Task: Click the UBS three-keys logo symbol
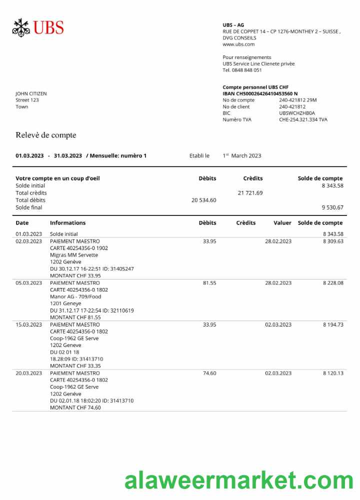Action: click(x=21, y=27)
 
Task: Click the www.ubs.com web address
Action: click(x=238, y=44)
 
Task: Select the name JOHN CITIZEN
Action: click(x=31, y=93)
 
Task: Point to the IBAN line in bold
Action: click(x=260, y=93)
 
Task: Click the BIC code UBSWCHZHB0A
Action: click(x=297, y=113)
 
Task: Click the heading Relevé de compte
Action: click(x=45, y=135)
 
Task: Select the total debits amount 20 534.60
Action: click(x=203, y=200)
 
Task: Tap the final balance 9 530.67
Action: click(x=332, y=207)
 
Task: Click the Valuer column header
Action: click(x=282, y=223)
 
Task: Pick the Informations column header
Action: click(x=67, y=223)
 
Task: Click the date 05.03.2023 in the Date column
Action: click(x=29, y=283)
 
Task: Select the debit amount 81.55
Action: click(x=209, y=283)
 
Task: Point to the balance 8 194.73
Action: click(x=333, y=324)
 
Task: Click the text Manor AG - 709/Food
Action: click(x=75, y=296)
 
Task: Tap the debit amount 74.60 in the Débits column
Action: click(x=209, y=373)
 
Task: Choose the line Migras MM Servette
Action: click(x=74, y=255)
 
